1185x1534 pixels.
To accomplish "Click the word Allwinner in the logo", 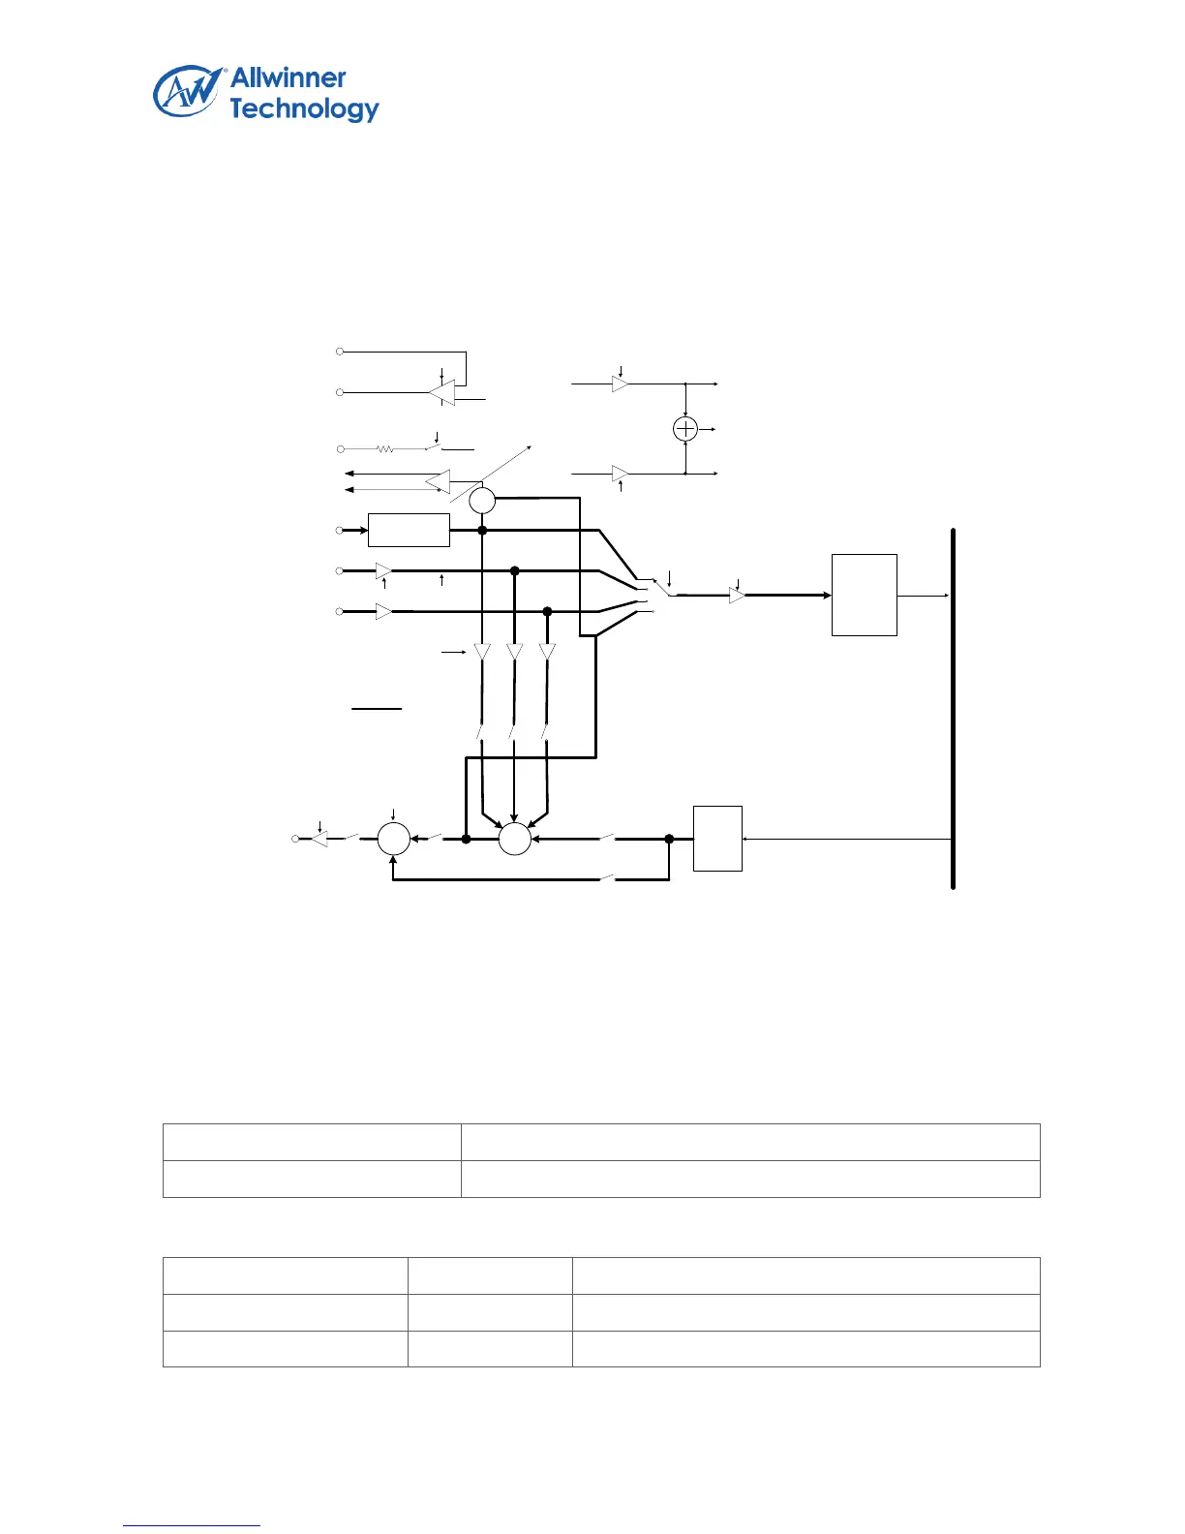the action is coord(288,78).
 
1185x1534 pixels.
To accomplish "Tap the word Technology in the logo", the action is coord(304,109).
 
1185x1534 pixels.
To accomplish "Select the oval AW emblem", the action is coord(186,93).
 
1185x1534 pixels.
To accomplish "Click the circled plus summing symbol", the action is coord(685,429).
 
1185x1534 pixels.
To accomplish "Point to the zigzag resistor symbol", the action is coord(384,449).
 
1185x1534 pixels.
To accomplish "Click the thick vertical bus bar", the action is coord(954,708).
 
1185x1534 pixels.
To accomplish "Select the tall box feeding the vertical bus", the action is coord(865,595).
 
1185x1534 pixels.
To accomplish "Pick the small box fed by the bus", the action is coord(717,839).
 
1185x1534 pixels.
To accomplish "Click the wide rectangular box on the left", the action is coord(409,531).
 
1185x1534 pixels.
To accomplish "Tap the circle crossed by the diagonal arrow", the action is coord(482,501).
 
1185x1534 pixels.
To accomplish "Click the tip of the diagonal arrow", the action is coord(531,447).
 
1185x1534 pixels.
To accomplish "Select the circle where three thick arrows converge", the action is coord(515,839).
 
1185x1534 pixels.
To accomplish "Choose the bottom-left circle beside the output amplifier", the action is coord(393,839).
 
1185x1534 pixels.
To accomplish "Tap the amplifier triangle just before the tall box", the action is coord(737,596).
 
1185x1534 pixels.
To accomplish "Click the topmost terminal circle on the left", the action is coord(341,351).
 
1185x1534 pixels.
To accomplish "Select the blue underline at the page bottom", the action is coord(192,1525).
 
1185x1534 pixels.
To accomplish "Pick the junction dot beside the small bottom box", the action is coord(669,839).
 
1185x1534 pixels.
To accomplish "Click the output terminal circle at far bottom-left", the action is coord(296,839).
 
